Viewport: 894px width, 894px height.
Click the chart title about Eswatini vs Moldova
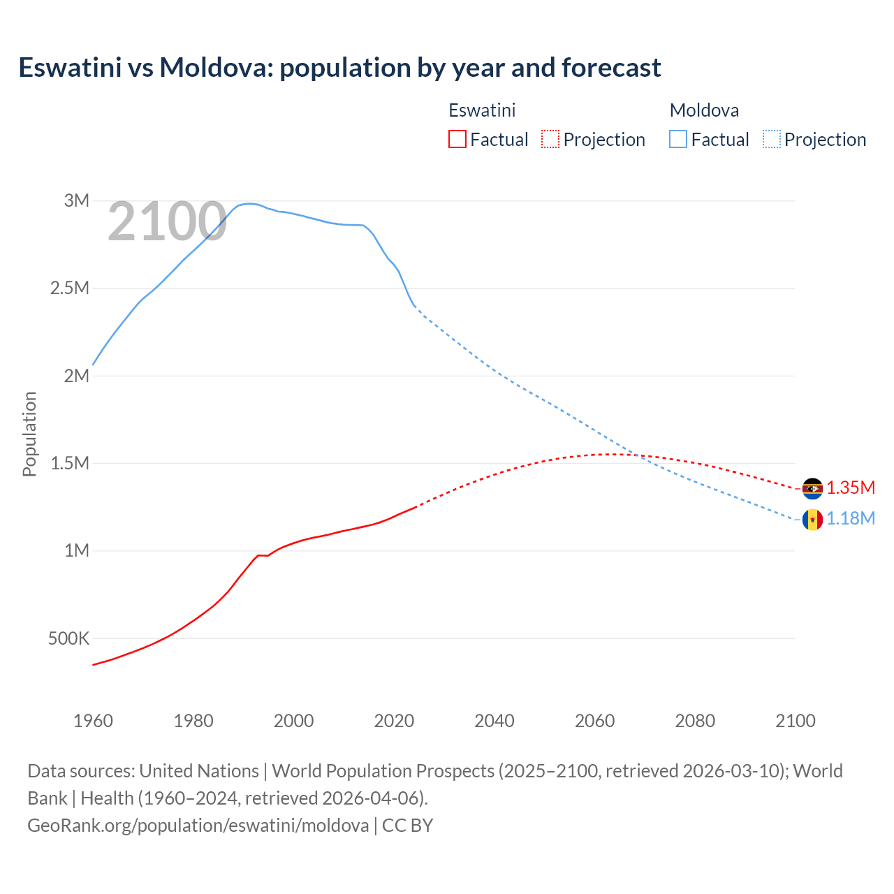(339, 68)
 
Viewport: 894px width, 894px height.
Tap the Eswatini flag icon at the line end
(812, 488)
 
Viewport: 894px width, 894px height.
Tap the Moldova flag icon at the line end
(812, 520)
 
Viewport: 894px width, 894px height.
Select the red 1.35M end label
(851, 488)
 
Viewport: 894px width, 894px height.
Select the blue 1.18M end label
(851, 519)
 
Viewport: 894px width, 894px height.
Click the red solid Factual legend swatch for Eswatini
(457, 139)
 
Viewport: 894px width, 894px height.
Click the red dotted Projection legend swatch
(550, 139)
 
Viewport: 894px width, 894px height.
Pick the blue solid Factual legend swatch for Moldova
(677, 139)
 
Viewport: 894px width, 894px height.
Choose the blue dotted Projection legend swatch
(771, 139)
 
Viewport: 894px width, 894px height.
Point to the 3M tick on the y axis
(77, 201)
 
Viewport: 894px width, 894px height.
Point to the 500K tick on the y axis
(68, 638)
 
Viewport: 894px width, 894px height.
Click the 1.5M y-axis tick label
(70, 464)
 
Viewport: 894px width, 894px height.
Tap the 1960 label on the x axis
(93, 721)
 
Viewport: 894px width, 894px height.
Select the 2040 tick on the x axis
(494, 721)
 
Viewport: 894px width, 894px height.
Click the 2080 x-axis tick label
(695, 721)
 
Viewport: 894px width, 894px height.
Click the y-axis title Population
(29, 434)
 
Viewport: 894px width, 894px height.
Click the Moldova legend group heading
(704, 110)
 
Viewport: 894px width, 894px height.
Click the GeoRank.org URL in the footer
(198, 826)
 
